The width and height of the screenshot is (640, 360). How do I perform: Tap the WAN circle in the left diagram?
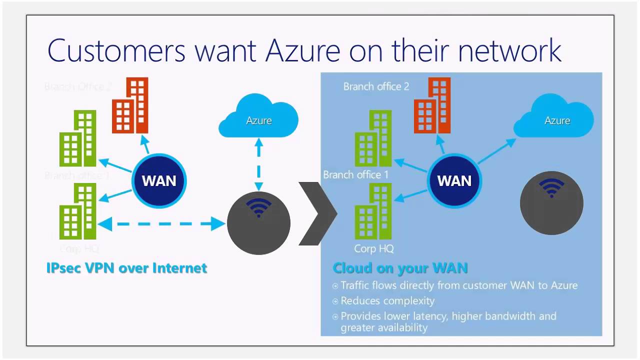[x=159, y=180]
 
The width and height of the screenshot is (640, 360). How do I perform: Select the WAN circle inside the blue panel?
[x=454, y=180]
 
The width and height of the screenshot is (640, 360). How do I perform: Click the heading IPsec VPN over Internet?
[x=126, y=268]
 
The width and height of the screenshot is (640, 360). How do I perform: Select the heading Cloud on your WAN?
[x=400, y=268]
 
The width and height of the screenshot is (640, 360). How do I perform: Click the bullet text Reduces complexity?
[x=387, y=301]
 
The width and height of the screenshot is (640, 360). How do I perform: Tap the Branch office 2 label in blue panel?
[x=376, y=86]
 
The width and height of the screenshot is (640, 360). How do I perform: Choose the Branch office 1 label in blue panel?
[x=355, y=175]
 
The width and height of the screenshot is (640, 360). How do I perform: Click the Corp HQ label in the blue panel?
[x=373, y=248]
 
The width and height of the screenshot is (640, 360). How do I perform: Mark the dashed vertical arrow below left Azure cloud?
[x=258, y=165]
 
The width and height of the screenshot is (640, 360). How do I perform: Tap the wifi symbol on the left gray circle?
[x=258, y=207]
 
